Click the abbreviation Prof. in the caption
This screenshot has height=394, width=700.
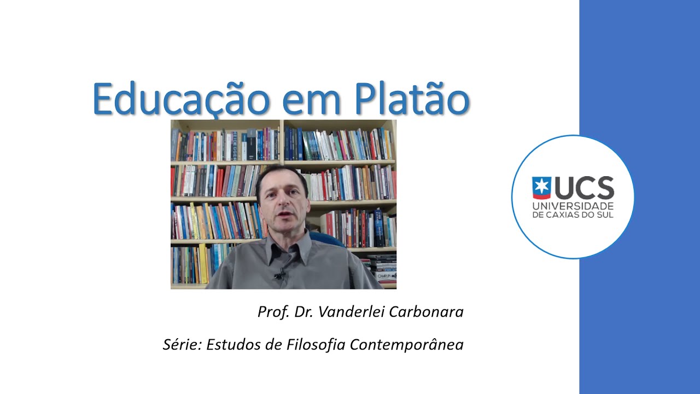point(273,312)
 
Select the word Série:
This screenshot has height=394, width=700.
point(182,345)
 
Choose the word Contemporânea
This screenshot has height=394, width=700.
point(407,345)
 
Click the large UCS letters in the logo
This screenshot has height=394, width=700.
point(584,188)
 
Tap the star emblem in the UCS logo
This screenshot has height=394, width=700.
point(541,188)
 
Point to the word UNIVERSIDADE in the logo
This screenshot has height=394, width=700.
point(573,205)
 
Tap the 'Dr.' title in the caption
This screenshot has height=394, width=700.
point(303,312)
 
